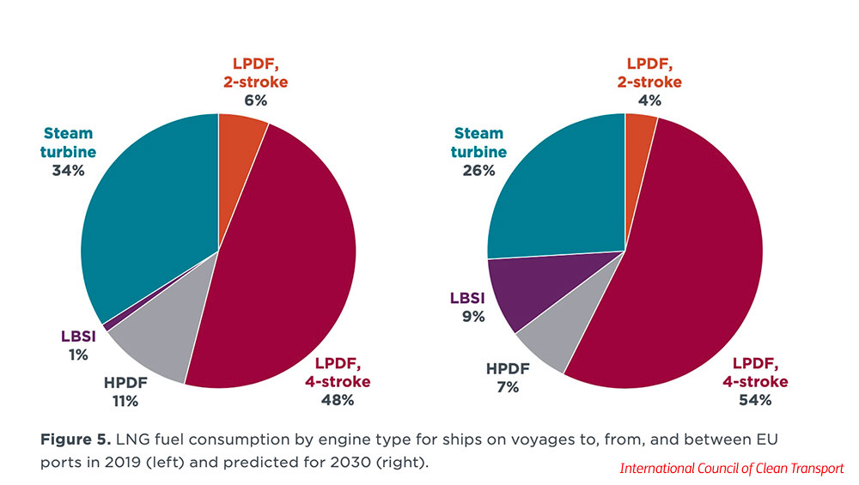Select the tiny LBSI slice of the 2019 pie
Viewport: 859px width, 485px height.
tap(106, 326)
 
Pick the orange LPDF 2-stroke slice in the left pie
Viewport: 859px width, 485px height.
tap(240, 150)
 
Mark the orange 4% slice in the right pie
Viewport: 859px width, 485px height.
tap(639, 146)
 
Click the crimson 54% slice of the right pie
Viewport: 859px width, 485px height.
tap(687, 266)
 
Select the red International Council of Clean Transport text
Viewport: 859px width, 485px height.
tap(733, 469)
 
